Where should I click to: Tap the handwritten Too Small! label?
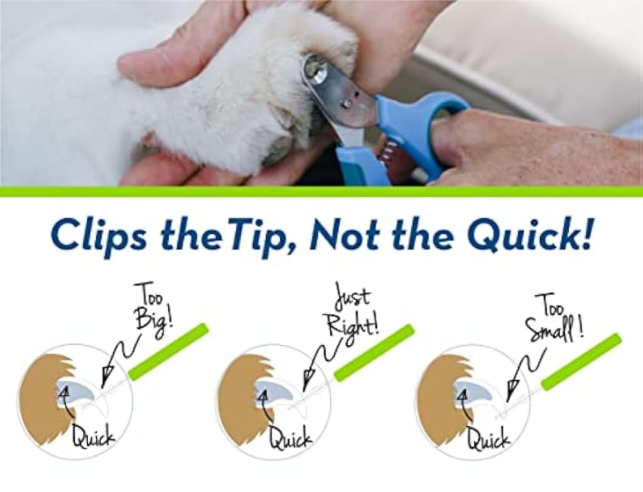coord(558,315)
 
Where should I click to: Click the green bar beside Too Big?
coord(167,351)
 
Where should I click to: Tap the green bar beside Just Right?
coord(374,352)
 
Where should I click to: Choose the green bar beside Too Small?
coord(581,361)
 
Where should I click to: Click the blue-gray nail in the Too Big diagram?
coord(78,391)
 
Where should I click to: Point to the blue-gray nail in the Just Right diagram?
coord(275,391)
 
